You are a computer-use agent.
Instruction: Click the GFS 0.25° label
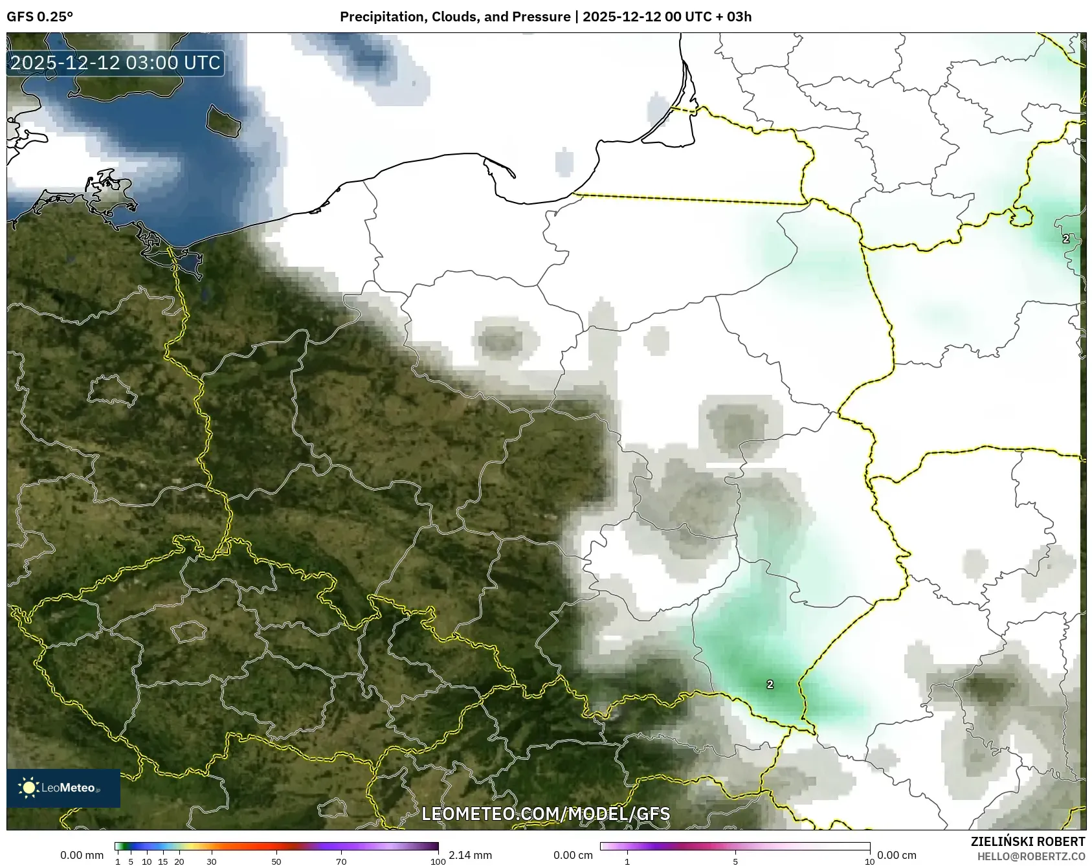pyautogui.click(x=40, y=17)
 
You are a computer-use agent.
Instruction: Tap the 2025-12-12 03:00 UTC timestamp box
pyautogui.click(x=115, y=63)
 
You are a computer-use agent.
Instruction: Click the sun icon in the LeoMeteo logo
pyautogui.click(x=28, y=787)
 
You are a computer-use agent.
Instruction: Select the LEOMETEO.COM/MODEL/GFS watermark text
pyautogui.click(x=546, y=814)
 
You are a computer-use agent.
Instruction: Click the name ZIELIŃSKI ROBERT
pyautogui.click(x=1028, y=841)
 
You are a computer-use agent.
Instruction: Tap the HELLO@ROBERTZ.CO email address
pyautogui.click(x=1031, y=856)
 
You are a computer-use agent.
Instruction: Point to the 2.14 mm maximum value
pyautogui.click(x=470, y=855)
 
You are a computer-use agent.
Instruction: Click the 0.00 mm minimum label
pyautogui.click(x=82, y=855)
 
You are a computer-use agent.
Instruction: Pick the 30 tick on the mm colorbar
pyautogui.click(x=212, y=861)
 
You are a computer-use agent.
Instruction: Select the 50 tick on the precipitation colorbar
pyautogui.click(x=276, y=861)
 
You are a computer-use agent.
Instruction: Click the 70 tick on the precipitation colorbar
pyautogui.click(x=341, y=861)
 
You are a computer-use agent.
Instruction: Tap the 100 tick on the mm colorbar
pyautogui.click(x=438, y=861)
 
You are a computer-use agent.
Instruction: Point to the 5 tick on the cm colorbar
pyautogui.click(x=735, y=861)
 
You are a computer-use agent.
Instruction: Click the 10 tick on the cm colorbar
pyautogui.click(x=869, y=861)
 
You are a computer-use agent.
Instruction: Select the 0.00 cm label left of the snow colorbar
pyautogui.click(x=573, y=855)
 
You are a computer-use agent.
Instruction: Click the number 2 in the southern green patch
pyautogui.click(x=770, y=684)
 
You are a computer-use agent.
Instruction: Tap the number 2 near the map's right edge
pyautogui.click(x=1065, y=239)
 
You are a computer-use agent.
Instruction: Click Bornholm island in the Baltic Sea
pyautogui.click(x=223, y=120)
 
